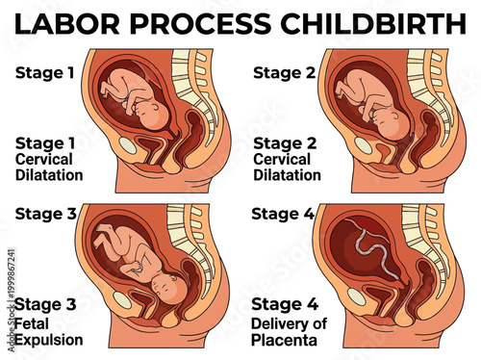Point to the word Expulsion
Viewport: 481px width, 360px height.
pos(48,340)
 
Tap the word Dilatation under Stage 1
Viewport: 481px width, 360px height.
pos(49,175)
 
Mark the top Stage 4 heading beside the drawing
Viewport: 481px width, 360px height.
pos(283,214)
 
